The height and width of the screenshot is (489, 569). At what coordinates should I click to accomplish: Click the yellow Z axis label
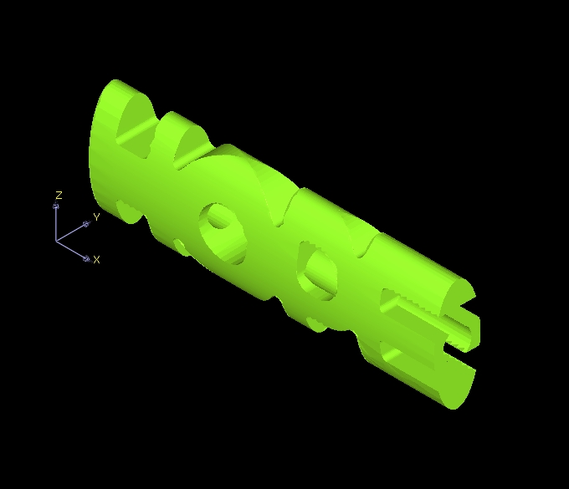click(59, 196)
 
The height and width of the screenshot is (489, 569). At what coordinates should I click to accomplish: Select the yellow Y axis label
click(96, 217)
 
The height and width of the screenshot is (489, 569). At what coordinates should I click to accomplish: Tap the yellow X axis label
click(96, 259)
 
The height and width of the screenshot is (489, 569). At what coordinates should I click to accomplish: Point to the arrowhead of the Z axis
click(56, 206)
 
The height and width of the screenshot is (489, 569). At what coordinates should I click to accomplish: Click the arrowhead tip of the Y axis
click(86, 224)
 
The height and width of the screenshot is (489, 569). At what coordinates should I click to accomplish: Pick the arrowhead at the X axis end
click(87, 258)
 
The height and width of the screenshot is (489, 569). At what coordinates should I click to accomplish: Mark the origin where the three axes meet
click(56, 241)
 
